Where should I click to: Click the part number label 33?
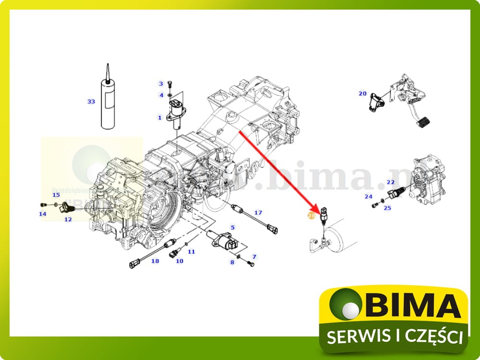(91, 101)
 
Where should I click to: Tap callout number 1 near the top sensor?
(160, 118)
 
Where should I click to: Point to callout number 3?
(161, 84)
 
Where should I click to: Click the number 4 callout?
(161, 95)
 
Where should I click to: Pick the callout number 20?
(362, 94)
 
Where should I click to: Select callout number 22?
(390, 182)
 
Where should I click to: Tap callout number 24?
(368, 196)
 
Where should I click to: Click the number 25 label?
(387, 208)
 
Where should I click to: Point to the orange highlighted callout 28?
(311, 216)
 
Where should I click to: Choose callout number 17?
(258, 213)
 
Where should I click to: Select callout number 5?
(233, 227)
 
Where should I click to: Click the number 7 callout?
(254, 257)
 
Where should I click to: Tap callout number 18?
(155, 261)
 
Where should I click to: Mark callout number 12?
(68, 219)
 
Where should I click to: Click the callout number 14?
(43, 214)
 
